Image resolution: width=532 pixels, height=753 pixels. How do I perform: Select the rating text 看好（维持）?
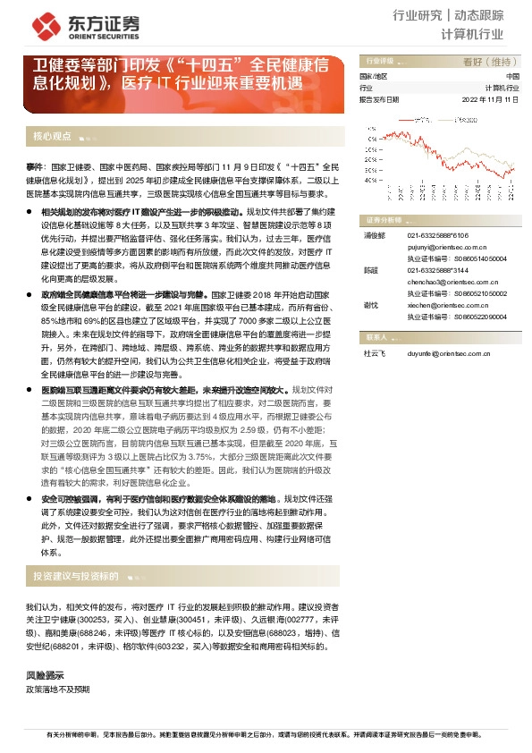491,62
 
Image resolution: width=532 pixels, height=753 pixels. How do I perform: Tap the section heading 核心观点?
52,137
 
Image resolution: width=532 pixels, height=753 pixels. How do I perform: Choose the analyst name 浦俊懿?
374,235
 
